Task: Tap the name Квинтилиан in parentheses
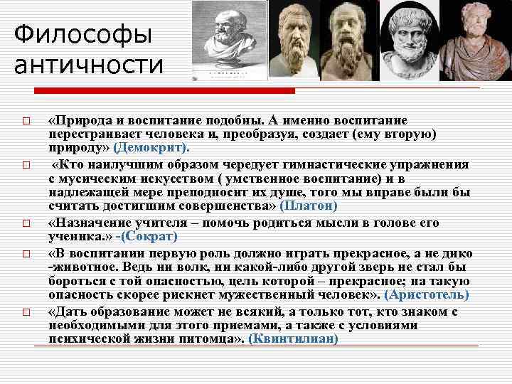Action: [x=294, y=338]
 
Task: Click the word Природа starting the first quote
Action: [x=81, y=121]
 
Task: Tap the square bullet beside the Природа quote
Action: [x=25, y=122]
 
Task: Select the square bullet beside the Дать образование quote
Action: [x=25, y=312]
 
